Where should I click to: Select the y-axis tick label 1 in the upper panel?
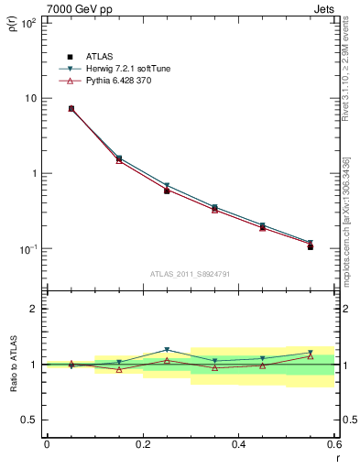[x=34, y=173]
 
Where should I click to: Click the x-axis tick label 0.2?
[x=142, y=444]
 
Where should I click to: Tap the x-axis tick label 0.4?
[x=238, y=444]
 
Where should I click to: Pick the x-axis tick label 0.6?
[x=333, y=444]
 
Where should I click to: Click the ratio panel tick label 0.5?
[x=30, y=420]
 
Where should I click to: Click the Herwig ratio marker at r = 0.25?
[x=167, y=350]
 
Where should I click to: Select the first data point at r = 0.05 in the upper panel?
[x=71, y=108]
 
